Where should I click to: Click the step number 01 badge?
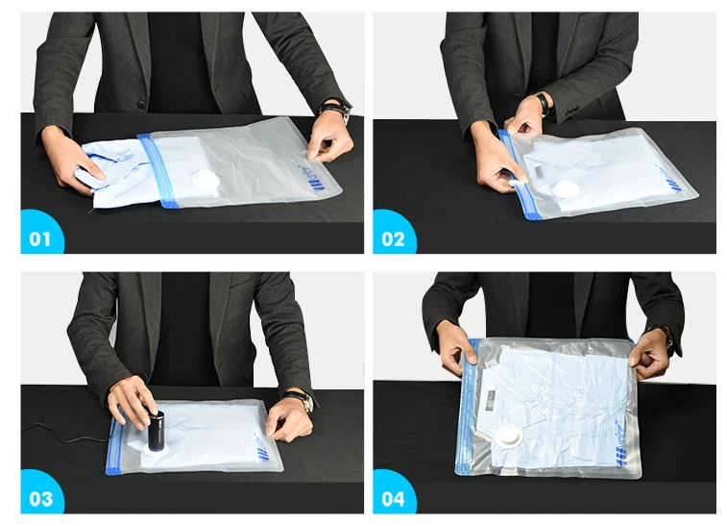click(39, 238)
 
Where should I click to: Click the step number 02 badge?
click(393, 238)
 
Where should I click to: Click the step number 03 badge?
click(39, 497)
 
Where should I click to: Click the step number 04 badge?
click(393, 497)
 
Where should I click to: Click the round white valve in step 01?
click(206, 179)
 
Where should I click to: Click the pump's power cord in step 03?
click(58, 430)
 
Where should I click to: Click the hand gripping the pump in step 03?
click(131, 399)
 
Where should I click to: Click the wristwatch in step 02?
click(543, 101)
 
